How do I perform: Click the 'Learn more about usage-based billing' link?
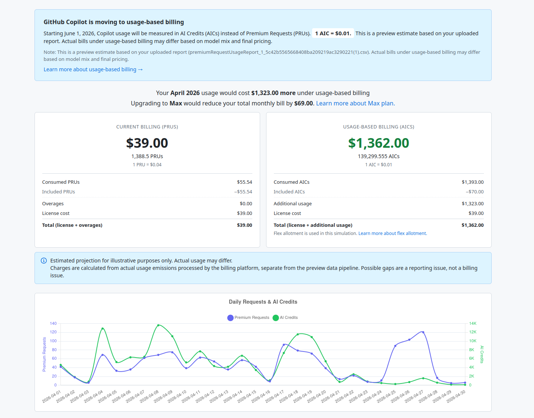[93, 69]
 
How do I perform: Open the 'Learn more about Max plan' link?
[356, 104]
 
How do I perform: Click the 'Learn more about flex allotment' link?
[393, 234]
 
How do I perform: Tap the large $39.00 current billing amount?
[147, 143]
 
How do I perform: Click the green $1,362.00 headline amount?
[379, 143]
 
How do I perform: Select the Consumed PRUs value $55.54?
[244, 182]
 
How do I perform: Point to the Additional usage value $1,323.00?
[472, 204]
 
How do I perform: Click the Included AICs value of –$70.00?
[475, 192]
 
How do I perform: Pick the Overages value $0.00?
[246, 204]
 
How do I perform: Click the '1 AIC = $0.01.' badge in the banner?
[333, 33]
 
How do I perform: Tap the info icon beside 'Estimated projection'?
[44, 261]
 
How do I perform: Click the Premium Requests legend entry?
[248, 318]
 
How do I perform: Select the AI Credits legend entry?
[285, 318]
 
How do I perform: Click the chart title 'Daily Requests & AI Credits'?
[263, 302]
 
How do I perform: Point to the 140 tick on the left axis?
[53, 323]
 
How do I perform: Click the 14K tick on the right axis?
[473, 323]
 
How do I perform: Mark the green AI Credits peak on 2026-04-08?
[158, 325]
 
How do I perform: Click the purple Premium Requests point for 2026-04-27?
[423, 332]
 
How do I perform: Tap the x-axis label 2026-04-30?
[456, 396]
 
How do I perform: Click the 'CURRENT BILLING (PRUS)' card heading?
[147, 127]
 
